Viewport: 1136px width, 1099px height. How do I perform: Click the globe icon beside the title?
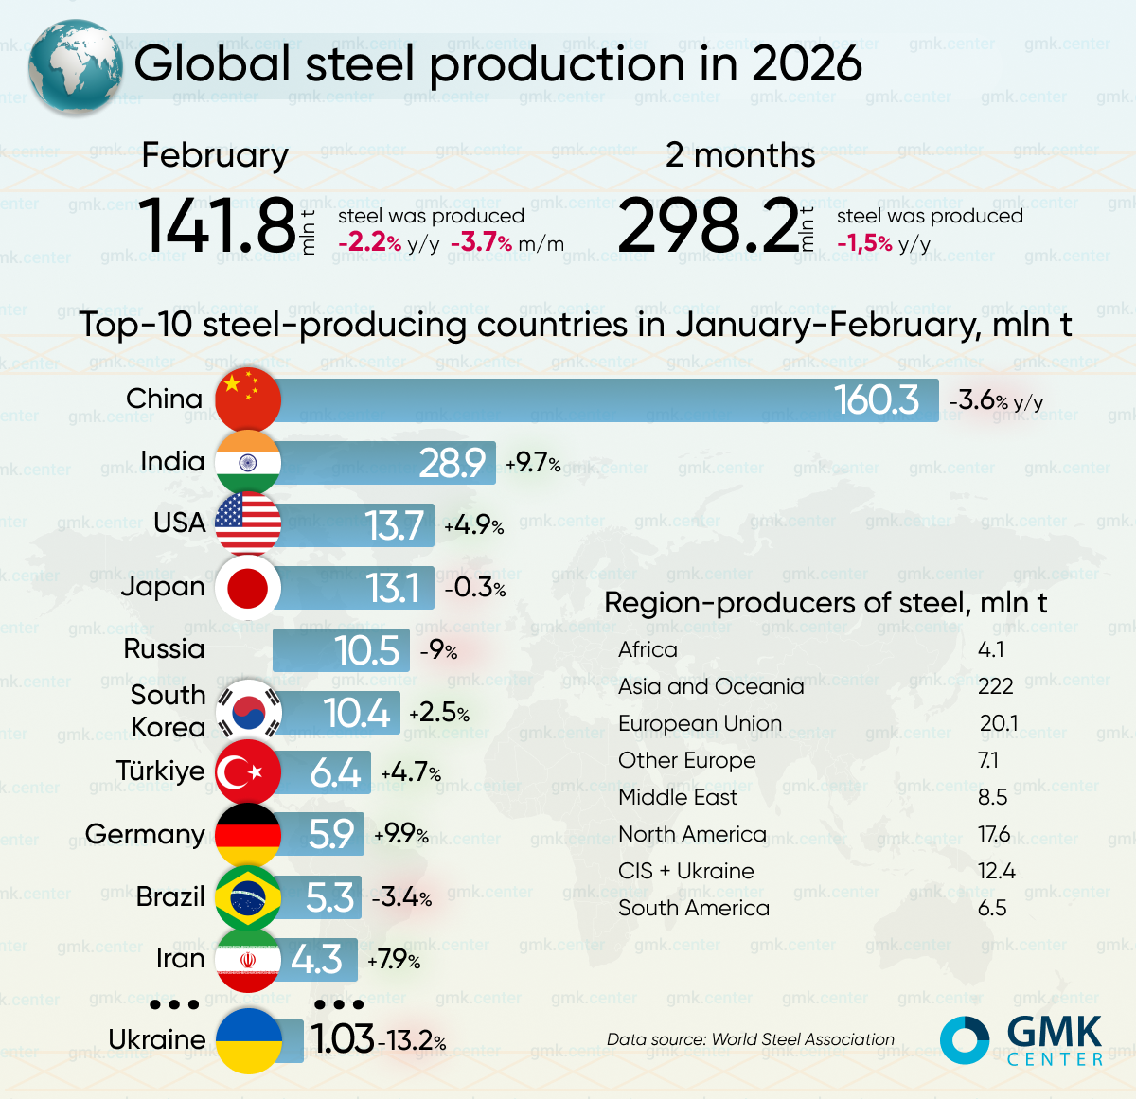tap(75, 67)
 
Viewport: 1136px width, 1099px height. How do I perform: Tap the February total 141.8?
tap(218, 226)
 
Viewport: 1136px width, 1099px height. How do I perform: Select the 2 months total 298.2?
tap(708, 226)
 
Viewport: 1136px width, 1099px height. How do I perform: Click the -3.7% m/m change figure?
tap(506, 243)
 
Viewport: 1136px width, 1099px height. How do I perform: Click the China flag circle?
tap(248, 399)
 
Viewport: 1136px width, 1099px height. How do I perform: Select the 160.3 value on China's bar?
tap(876, 400)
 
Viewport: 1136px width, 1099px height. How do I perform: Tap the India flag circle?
tap(248, 462)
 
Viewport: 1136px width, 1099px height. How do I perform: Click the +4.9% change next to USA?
tap(473, 525)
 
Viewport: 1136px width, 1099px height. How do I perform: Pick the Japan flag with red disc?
tap(248, 588)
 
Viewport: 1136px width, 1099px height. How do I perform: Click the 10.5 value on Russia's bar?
tap(366, 650)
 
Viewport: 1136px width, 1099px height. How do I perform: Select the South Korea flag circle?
tap(248, 711)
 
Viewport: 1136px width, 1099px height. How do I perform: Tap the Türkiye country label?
tap(160, 771)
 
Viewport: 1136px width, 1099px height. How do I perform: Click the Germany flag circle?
tap(248, 835)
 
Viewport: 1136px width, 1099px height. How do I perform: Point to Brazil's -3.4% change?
tap(401, 897)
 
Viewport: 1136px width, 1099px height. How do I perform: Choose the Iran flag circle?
tap(248, 960)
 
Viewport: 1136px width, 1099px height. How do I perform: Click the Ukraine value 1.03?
tap(343, 1039)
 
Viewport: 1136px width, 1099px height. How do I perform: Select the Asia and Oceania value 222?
tap(995, 686)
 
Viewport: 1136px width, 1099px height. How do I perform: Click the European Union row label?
tap(700, 723)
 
